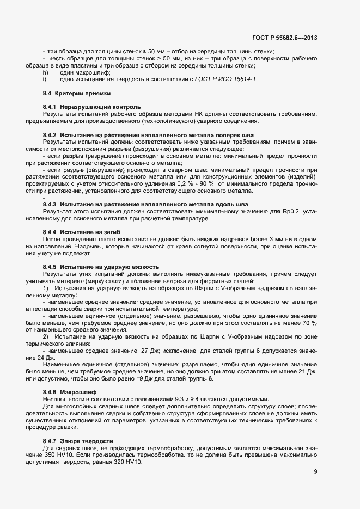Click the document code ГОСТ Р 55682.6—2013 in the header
(285, 38)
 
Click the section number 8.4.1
(50, 107)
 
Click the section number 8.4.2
(50, 134)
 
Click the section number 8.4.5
(50, 267)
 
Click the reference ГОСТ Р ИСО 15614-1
(226, 79)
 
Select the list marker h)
(46, 72)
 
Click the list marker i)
(45, 79)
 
